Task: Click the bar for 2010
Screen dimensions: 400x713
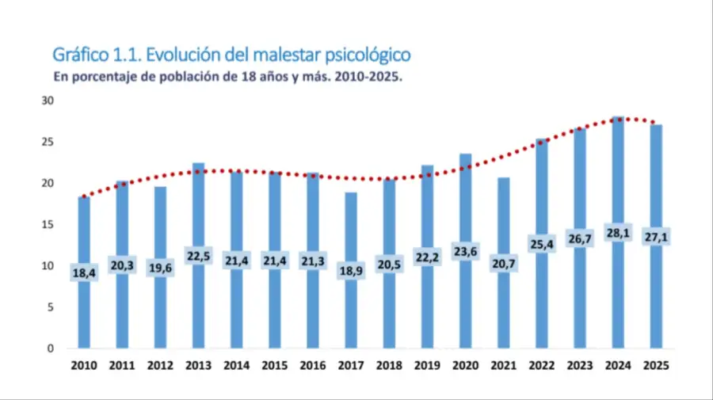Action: [x=84, y=309]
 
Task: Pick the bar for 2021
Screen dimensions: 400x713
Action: [x=504, y=309]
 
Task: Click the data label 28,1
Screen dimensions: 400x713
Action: [x=618, y=235]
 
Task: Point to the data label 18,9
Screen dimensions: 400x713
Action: [x=351, y=272]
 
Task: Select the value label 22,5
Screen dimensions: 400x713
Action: [x=198, y=257]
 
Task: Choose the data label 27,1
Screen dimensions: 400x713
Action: [x=656, y=238]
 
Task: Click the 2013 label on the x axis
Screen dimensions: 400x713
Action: [x=198, y=365]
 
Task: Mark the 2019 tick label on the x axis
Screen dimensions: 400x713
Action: [x=427, y=365]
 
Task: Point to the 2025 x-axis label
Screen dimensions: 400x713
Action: [x=656, y=365]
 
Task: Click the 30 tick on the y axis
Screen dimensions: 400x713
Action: [x=48, y=101]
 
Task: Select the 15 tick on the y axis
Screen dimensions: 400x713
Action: [x=48, y=225]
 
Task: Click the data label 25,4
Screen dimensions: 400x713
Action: [x=542, y=245]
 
